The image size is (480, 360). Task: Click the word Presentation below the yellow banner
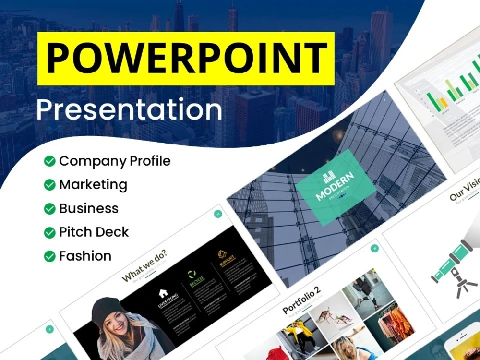point(129,109)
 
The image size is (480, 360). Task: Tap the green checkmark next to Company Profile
point(49,161)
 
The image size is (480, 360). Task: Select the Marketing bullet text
point(93,185)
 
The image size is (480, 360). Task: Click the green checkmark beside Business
point(49,209)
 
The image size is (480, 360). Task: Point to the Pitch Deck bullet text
point(94,232)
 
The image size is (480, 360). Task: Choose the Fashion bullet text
point(85,256)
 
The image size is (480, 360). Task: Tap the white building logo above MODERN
point(327,177)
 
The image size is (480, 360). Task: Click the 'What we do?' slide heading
point(144,271)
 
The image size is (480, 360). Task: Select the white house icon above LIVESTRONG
point(163,292)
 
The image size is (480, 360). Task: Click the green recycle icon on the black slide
point(192,275)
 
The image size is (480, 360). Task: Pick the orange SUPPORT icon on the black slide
point(222,254)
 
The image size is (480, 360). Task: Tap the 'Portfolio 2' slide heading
point(301,300)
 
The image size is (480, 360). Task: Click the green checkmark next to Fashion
point(49,256)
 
